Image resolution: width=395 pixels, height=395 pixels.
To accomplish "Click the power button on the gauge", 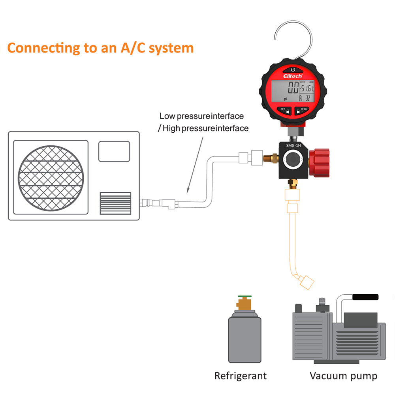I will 293,70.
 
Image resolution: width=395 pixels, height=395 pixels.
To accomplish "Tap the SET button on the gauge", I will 284,111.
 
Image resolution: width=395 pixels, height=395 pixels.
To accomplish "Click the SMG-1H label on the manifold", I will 293,145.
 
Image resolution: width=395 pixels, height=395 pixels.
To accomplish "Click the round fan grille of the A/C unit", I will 51,177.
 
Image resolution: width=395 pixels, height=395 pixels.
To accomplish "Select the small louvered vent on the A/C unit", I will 115,203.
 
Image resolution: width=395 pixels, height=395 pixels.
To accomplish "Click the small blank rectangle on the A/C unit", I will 114,151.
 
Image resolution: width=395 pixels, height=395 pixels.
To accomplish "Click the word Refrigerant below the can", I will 241,375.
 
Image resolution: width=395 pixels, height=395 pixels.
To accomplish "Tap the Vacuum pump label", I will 343,375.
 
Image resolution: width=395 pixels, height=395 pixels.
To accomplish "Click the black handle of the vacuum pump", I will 365,297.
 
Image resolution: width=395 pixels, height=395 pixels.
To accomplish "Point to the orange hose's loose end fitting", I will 307,282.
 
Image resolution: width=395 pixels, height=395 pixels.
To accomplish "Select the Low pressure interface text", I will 201,116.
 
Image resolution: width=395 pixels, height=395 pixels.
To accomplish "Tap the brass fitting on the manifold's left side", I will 271,160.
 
